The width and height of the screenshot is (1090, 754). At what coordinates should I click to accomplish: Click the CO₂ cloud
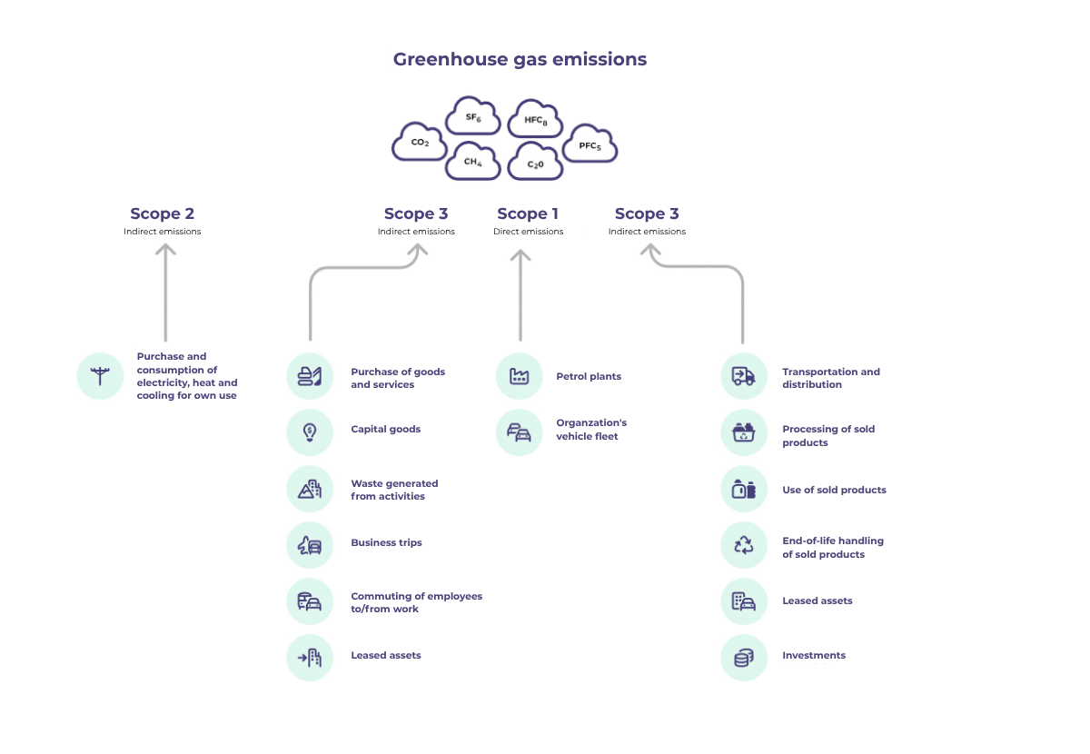(419, 143)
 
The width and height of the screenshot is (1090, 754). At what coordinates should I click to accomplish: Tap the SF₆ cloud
(472, 118)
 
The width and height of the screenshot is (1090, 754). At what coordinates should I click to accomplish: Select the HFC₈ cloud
(536, 120)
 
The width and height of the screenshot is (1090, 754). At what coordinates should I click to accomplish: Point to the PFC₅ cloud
(590, 145)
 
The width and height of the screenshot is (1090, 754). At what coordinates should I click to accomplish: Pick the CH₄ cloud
(472, 162)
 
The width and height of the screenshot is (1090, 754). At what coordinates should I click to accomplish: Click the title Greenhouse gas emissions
(520, 59)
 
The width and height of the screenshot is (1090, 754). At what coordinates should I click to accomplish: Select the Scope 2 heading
(162, 214)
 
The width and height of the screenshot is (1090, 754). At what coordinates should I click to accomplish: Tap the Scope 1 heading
(528, 214)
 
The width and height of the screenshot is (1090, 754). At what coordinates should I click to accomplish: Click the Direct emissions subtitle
(528, 232)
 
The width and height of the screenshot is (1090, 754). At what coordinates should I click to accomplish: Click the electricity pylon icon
(100, 376)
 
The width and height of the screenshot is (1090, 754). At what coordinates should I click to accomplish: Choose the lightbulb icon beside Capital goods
(310, 432)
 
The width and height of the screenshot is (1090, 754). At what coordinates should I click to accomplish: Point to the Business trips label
(386, 543)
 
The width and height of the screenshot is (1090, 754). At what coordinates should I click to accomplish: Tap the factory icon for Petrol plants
(520, 376)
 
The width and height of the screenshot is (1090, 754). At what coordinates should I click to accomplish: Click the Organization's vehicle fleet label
(591, 430)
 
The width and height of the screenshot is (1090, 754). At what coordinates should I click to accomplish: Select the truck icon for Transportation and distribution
(744, 376)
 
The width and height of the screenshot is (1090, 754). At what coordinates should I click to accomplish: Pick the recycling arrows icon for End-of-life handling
(744, 545)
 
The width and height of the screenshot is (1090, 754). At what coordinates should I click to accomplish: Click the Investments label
(814, 656)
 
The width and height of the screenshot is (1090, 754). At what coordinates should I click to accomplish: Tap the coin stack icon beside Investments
(744, 658)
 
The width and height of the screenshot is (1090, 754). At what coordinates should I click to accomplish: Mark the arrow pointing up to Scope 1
(520, 295)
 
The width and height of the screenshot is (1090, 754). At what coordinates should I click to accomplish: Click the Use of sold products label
(834, 491)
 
